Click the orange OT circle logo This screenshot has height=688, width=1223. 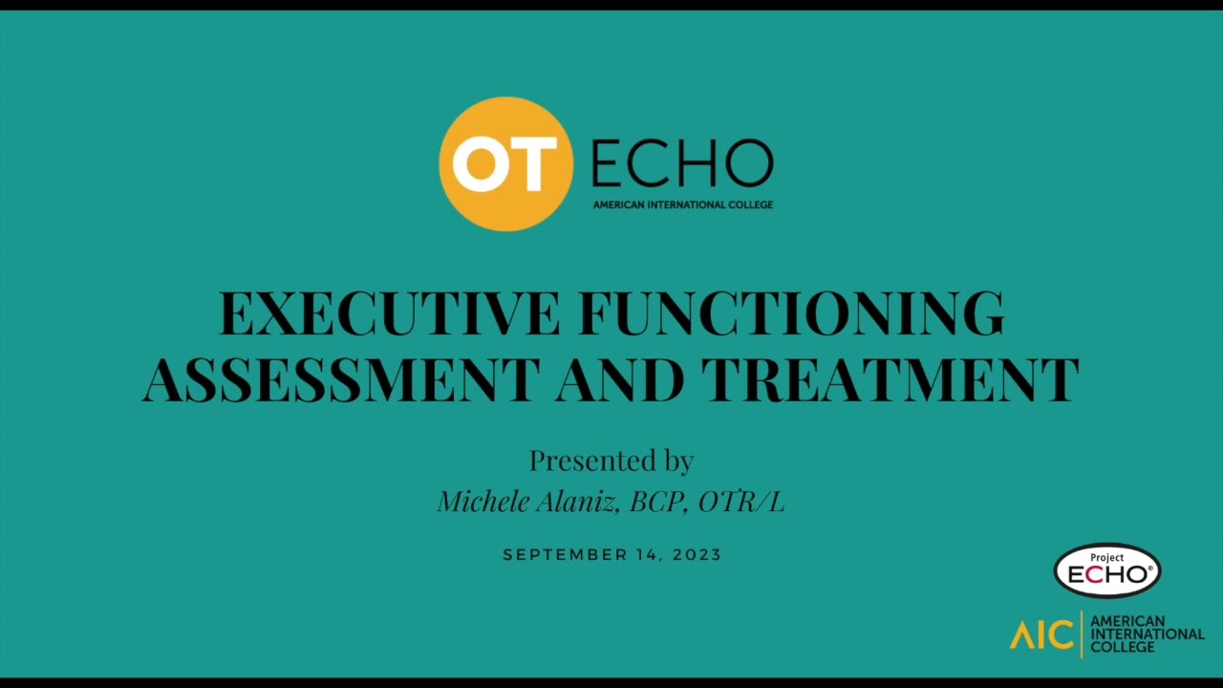505,163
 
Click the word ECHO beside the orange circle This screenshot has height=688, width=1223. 682,164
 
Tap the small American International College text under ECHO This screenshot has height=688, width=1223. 682,204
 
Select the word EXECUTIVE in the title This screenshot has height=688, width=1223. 390,313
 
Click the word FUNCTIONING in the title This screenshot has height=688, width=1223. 791,313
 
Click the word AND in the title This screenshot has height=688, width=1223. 620,378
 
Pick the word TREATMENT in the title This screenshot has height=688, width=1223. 890,378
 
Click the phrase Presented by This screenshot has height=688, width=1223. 611,461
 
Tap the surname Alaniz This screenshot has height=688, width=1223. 577,502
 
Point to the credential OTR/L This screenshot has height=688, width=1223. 741,502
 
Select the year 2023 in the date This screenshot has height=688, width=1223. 697,555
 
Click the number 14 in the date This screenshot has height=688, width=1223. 650,555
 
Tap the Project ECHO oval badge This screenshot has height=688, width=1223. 1107,570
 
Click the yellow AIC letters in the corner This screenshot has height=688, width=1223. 1041,634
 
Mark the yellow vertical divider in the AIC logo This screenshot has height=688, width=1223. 1082,634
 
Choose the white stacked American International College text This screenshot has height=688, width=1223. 1147,634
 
